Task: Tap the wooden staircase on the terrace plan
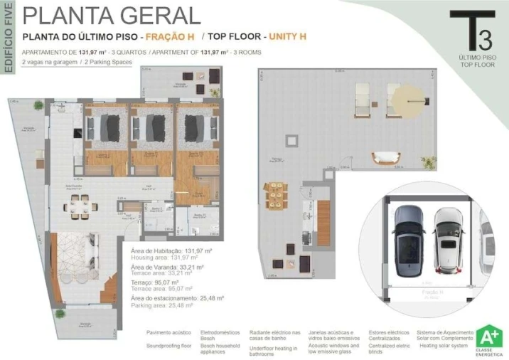(x=324, y=212)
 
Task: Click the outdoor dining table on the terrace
(x=276, y=194)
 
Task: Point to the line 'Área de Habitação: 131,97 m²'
(x=173, y=250)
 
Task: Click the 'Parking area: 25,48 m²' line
(x=168, y=305)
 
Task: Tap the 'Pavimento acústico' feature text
(x=169, y=332)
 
